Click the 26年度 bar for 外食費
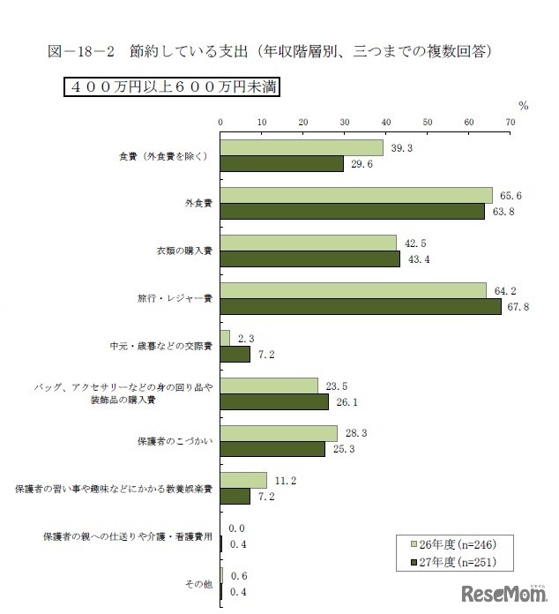[356, 195]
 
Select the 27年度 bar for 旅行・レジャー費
[361, 306]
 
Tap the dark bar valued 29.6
[281, 163]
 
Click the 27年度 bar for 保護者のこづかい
[272, 449]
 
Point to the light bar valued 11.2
[243, 480]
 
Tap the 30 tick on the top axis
[345, 122]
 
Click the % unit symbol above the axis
[524, 106]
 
